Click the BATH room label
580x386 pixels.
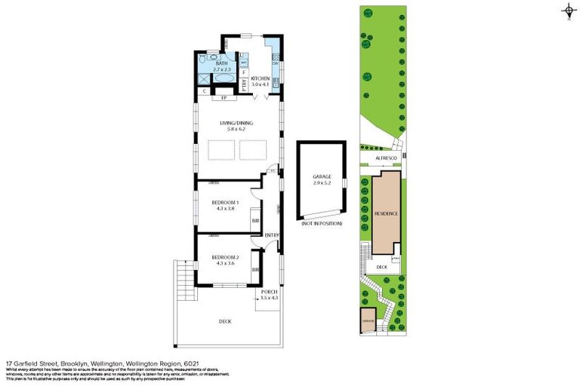(221, 63)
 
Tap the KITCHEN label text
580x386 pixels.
(261, 78)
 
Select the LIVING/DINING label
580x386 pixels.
(236, 123)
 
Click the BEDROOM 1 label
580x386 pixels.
(224, 202)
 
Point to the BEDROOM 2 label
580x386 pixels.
(224, 257)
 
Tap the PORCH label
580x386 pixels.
(269, 292)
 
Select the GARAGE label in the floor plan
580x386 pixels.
(322, 176)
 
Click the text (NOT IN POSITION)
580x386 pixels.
(322, 225)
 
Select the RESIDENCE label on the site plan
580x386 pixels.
(385, 213)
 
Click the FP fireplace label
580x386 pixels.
(224, 98)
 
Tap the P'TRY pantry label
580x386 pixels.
(244, 83)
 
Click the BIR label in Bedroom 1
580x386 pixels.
(256, 220)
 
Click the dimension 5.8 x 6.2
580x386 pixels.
(236, 129)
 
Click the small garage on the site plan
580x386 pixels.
(368, 320)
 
